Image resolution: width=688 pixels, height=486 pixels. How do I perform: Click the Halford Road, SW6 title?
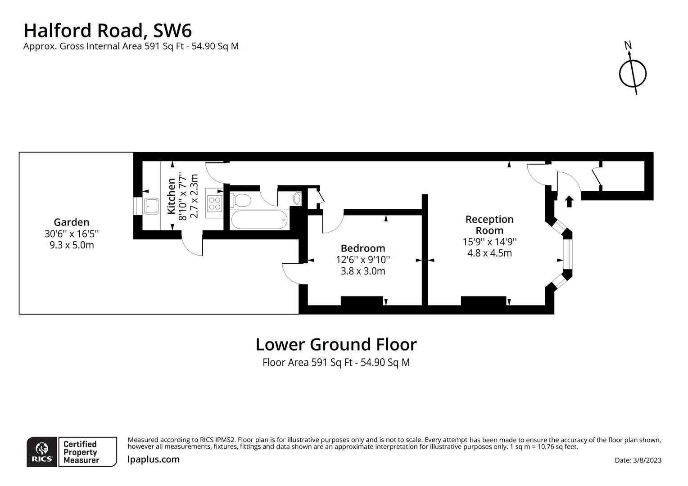(x=108, y=31)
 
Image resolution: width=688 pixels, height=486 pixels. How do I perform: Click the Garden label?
(x=72, y=222)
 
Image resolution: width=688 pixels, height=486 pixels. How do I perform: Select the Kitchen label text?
(x=171, y=196)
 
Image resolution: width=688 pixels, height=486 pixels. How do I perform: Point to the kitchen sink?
(x=151, y=206)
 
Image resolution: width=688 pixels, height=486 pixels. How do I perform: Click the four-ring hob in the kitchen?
(x=214, y=204)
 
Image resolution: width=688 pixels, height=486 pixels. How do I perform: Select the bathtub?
(x=259, y=220)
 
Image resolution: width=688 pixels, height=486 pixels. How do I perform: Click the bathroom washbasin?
(x=297, y=198)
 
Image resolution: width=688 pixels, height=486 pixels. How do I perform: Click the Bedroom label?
(x=363, y=248)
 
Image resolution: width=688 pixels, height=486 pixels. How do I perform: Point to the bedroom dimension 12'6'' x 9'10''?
(x=363, y=260)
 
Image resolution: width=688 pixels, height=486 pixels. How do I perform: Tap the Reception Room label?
(x=489, y=225)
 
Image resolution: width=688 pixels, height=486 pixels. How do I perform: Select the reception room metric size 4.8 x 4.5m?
(x=489, y=253)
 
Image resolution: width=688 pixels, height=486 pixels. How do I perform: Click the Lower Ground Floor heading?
(x=336, y=345)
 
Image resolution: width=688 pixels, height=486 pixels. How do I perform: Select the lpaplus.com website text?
(x=154, y=459)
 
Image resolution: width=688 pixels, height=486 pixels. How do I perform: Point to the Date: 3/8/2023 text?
(x=638, y=460)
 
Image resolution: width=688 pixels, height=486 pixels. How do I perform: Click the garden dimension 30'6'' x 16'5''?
(x=72, y=234)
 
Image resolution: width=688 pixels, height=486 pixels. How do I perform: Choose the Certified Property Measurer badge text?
(x=81, y=452)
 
